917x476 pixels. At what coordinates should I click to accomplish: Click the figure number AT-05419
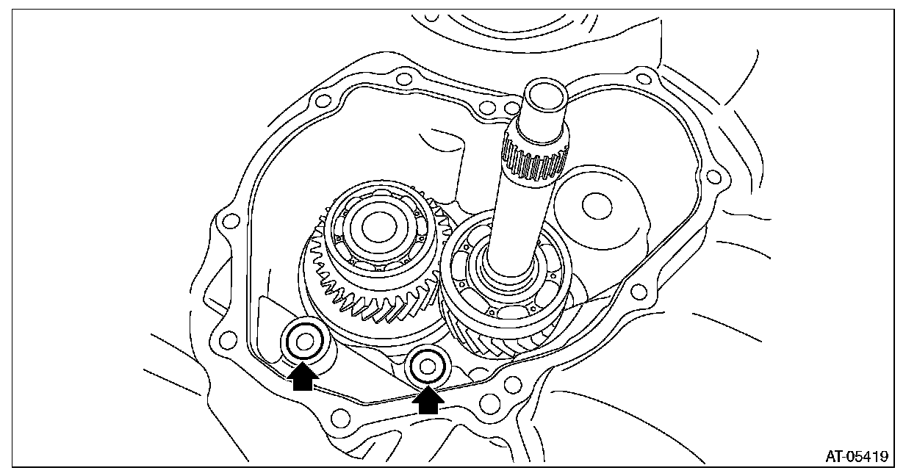click(x=856, y=456)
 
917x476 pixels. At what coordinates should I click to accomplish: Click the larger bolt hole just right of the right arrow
click(x=486, y=403)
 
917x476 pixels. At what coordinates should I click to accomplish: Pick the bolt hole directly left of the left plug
click(x=229, y=339)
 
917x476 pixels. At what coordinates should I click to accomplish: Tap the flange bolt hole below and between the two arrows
click(x=340, y=417)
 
